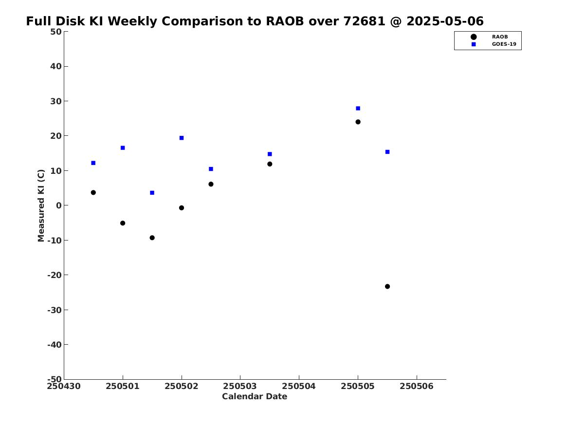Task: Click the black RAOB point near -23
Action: [387, 286]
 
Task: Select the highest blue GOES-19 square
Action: [358, 108]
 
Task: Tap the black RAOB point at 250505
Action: [358, 122]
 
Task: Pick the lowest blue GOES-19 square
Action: [152, 193]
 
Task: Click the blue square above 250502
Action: [182, 138]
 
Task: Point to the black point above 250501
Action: [123, 223]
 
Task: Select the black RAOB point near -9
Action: [152, 238]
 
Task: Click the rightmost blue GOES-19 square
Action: [387, 152]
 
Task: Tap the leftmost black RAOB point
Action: [93, 192]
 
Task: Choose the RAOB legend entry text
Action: [499, 37]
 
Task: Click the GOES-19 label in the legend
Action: [504, 44]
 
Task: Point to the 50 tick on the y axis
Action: [55, 32]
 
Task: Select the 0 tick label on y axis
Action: [58, 205]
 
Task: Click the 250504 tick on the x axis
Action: [299, 386]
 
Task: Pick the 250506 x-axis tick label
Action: [416, 386]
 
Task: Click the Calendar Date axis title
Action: [255, 397]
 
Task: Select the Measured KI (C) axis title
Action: [41, 205]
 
